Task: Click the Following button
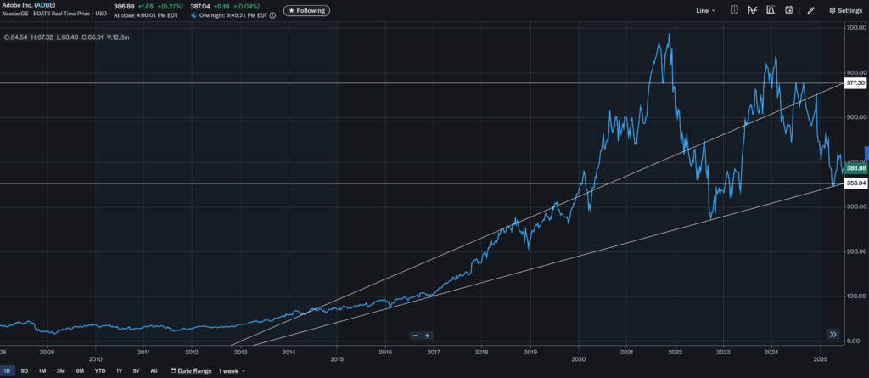(x=307, y=10)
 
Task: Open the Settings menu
(x=845, y=10)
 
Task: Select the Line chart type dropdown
(x=705, y=10)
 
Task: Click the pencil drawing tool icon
(x=811, y=10)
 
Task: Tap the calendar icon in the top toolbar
(x=788, y=10)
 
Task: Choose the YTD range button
(x=99, y=371)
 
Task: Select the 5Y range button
(x=136, y=371)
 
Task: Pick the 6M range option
(x=80, y=371)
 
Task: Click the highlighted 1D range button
(x=8, y=371)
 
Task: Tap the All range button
(x=154, y=371)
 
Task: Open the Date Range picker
(x=191, y=371)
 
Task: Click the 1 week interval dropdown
(x=232, y=371)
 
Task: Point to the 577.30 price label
(x=855, y=83)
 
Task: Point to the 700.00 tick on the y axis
(x=855, y=28)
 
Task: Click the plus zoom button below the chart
(x=428, y=336)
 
